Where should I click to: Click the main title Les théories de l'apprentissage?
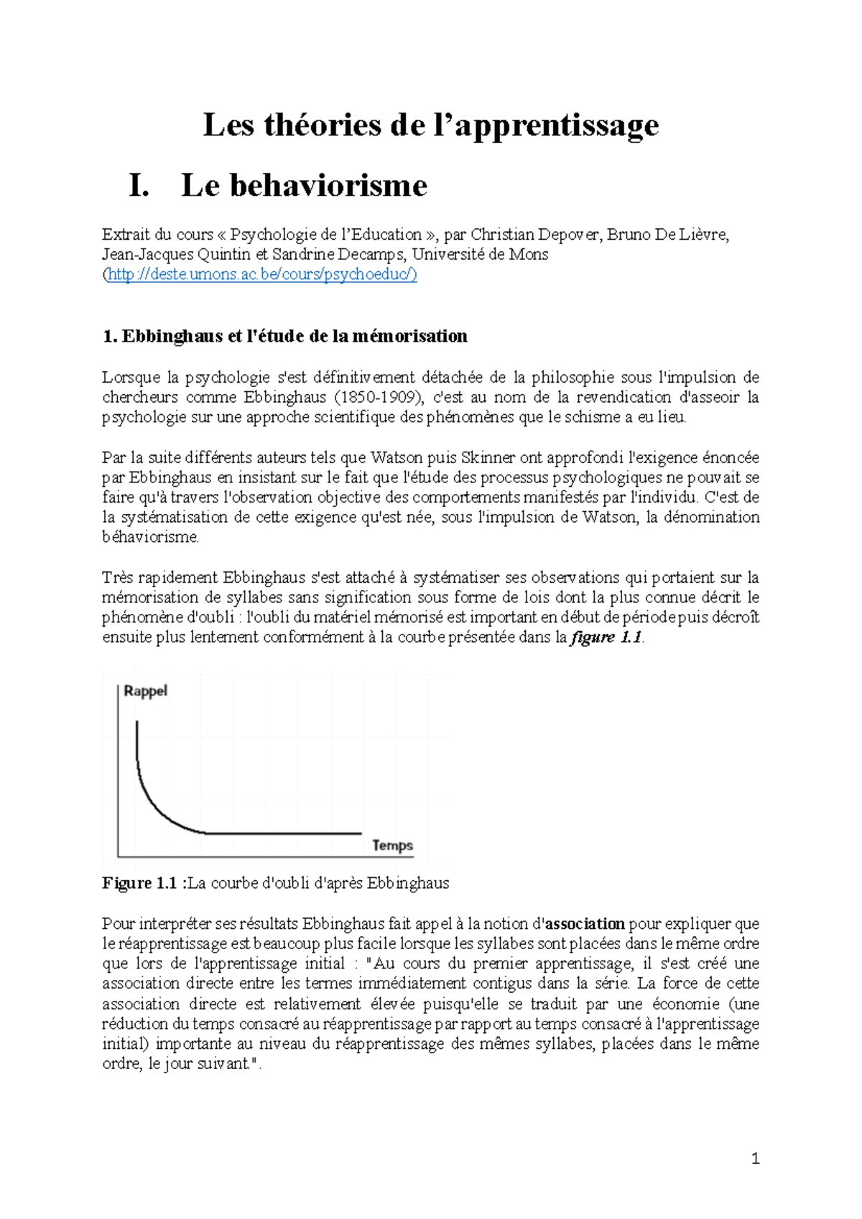coord(430,125)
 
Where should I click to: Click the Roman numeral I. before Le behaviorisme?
coord(139,186)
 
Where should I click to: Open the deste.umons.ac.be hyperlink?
coord(262,274)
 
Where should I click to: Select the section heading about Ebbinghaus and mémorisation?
coord(285,336)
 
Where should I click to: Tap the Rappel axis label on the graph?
coord(145,691)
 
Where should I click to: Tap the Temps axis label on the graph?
coord(392,845)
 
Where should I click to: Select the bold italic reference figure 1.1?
coord(606,637)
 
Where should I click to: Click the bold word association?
coord(585,924)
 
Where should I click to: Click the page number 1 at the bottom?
coord(755,1158)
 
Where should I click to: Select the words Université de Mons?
coord(479,254)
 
